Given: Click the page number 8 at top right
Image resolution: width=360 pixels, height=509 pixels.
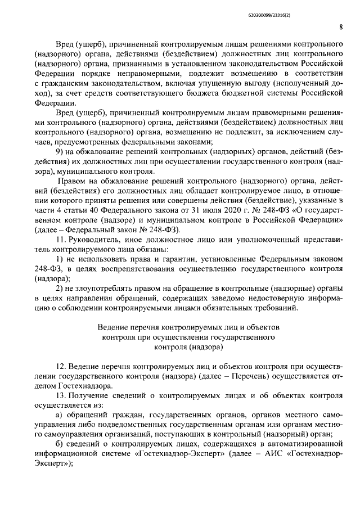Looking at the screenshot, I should pyautogui.click(x=341, y=26).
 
